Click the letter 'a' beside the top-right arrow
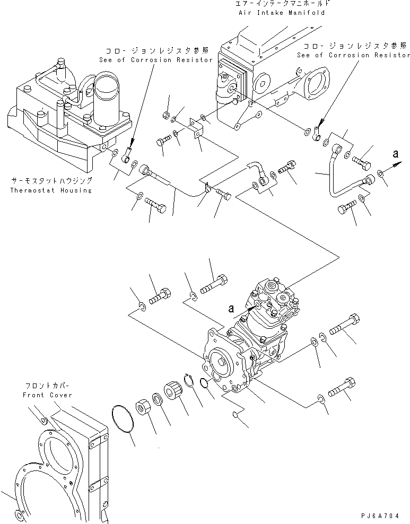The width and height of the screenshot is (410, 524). pos(395,154)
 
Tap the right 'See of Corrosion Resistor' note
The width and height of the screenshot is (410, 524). pos(353,55)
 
